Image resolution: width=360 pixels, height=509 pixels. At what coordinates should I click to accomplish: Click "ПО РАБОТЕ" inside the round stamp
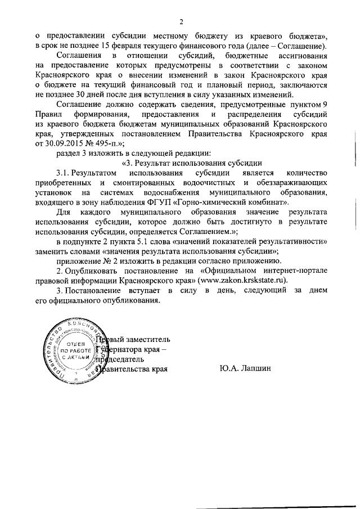[x=69, y=350]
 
